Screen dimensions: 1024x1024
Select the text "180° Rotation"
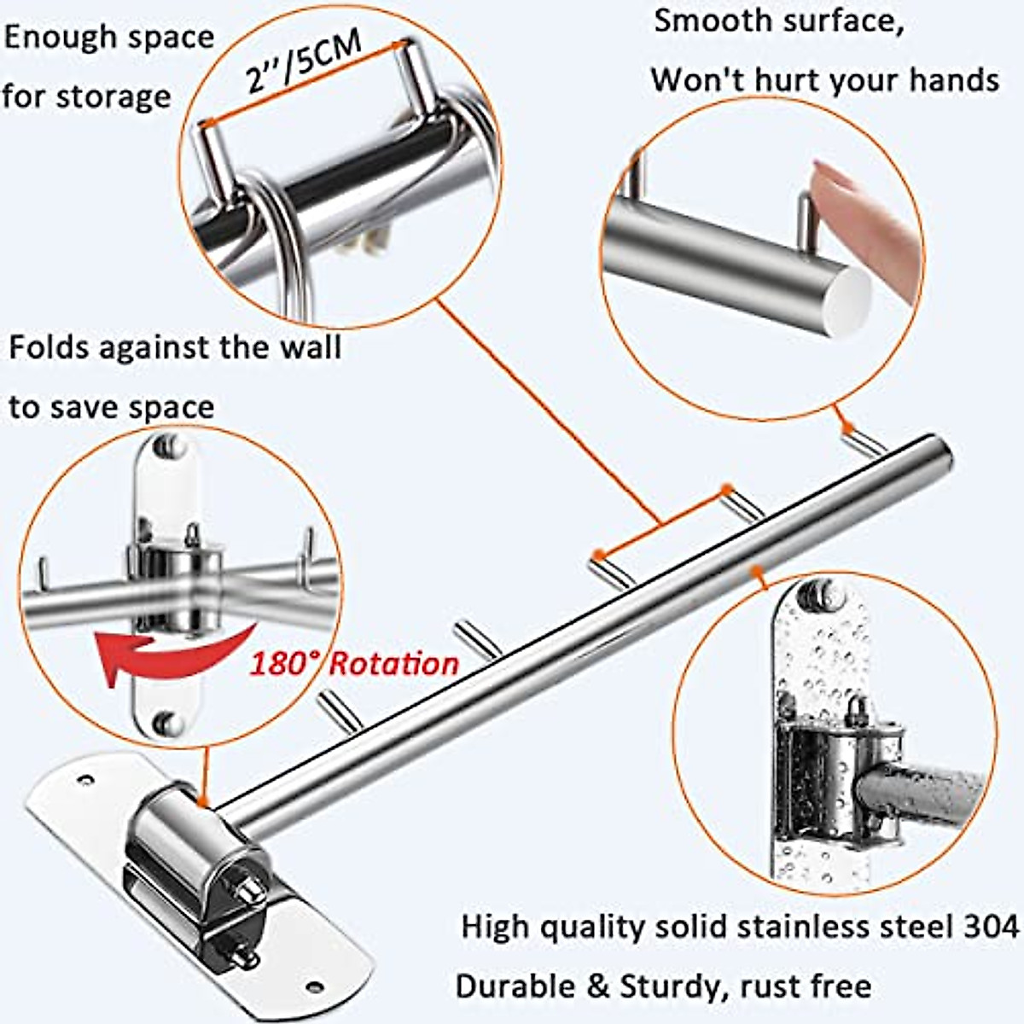353,664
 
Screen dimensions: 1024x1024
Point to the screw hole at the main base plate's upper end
85,779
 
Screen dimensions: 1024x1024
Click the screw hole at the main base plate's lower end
316,987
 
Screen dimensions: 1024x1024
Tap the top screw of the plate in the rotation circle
168,445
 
